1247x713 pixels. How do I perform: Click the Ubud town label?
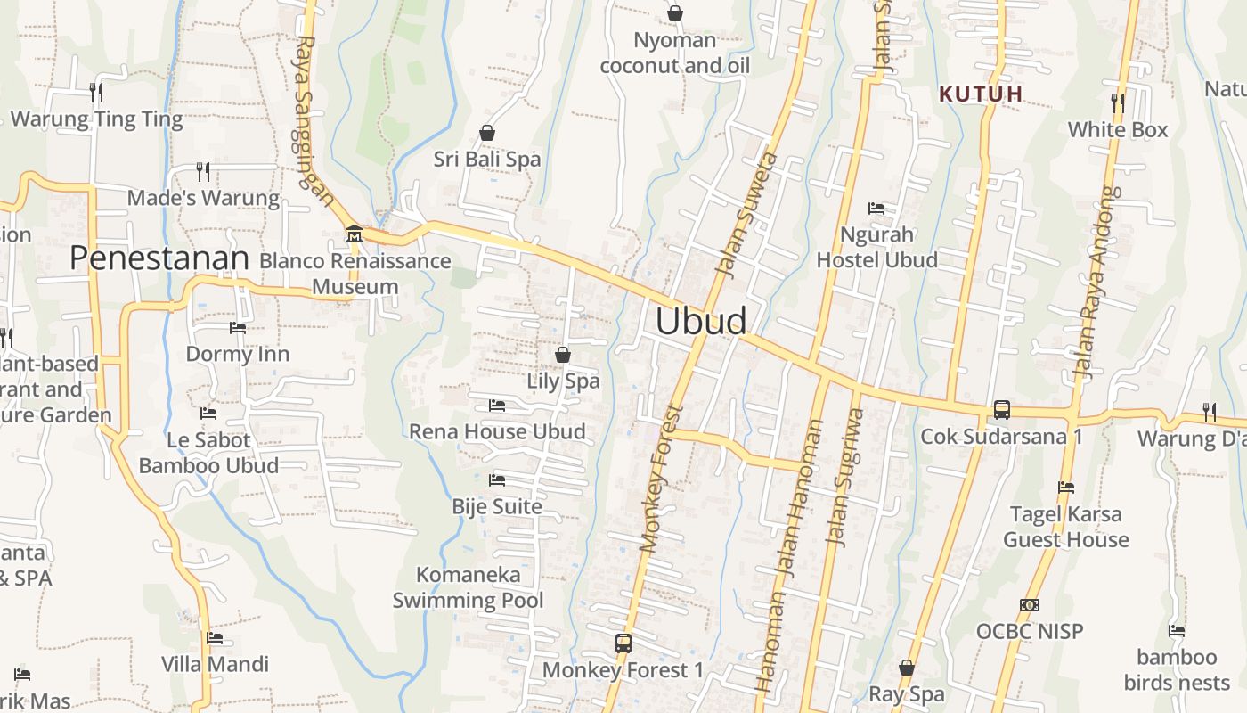point(701,322)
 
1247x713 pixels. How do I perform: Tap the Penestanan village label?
point(159,258)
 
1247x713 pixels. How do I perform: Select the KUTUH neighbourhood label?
point(981,94)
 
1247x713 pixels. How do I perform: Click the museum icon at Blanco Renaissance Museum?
point(355,234)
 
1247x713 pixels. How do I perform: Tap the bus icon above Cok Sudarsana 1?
point(1002,410)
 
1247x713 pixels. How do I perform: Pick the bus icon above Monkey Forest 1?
point(623,643)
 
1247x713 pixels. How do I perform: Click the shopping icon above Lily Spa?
point(563,355)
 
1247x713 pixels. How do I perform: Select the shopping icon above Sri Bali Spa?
point(487,133)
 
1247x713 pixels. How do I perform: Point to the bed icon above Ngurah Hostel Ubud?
point(876,209)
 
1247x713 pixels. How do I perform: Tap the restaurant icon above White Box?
point(1118,102)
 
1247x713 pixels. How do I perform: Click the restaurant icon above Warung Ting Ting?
point(96,92)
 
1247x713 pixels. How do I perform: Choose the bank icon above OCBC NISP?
point(1030,605)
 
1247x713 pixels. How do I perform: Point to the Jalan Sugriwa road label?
point(846,477)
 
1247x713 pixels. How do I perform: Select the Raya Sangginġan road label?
point(315,120)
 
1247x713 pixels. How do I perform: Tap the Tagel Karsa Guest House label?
point(1065,527)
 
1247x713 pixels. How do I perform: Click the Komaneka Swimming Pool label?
point(468,587)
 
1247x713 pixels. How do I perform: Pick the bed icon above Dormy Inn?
point(238,328)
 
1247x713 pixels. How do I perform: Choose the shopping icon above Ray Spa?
point(906,668)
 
